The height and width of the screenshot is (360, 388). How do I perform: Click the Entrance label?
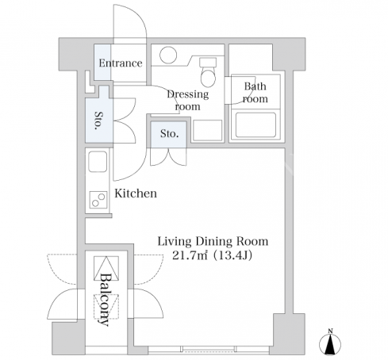[121, 63]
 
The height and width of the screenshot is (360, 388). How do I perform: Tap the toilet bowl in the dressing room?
[208, 77]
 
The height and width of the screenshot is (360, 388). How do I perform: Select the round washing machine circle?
[168, 55]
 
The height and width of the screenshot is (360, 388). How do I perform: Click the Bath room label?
[255, 93]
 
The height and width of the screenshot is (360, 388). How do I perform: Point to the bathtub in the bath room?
[255, 125]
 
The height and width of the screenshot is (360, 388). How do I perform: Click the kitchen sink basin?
[98, 162]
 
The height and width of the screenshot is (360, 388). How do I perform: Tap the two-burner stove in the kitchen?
[98, 200]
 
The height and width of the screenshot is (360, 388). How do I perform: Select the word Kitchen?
[136, 193]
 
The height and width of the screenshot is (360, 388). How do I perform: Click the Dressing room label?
[188, 100]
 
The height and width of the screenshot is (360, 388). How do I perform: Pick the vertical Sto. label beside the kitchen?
[99, 121]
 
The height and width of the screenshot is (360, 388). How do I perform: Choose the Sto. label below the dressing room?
[169, 134]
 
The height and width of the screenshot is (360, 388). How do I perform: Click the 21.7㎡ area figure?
[190, 255]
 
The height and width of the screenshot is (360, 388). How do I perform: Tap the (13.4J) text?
[233, 255]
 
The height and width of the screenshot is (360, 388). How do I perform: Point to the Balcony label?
[105, 299]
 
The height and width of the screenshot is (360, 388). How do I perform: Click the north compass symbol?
[330, 344]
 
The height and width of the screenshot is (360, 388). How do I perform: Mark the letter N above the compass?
[330, 331]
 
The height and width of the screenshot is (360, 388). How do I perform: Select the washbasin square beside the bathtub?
[208, 130]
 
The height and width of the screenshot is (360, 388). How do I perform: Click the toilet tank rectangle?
[208, 63]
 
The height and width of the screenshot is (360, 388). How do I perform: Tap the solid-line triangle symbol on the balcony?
[106, 268]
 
